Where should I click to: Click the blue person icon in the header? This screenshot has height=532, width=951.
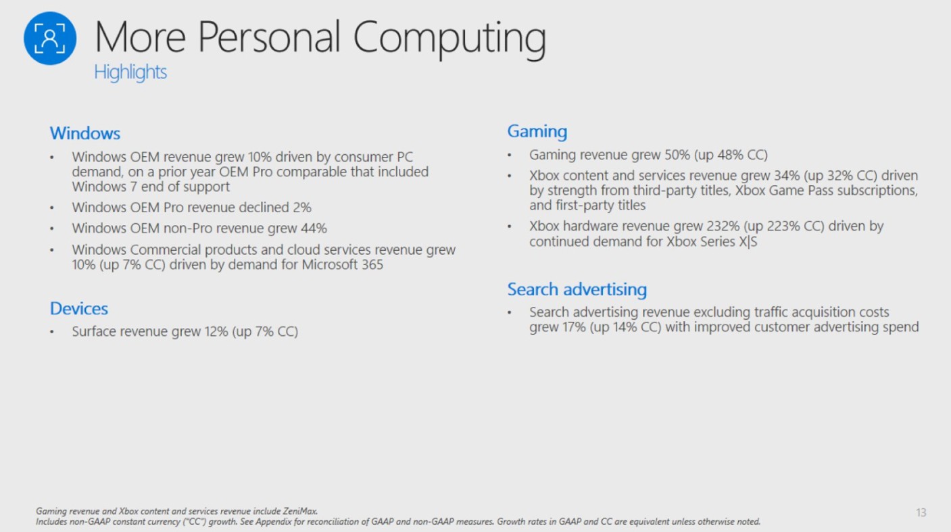(50, 39)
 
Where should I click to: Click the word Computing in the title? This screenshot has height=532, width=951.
(449, 39)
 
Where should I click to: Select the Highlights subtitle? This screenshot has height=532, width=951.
(130, 72)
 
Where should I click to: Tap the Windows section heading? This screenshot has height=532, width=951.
(85, 133)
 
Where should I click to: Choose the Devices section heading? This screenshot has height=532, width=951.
(79, 309)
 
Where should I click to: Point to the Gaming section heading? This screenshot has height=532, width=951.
(537, 132)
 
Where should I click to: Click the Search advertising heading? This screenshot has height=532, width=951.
(577, 290)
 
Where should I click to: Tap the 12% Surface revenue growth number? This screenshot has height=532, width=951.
(216, 332)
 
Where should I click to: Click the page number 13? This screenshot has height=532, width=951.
(921, 513)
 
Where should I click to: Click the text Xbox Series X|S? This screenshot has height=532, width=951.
(712, 241)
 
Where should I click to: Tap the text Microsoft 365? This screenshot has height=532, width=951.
(342, 265)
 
